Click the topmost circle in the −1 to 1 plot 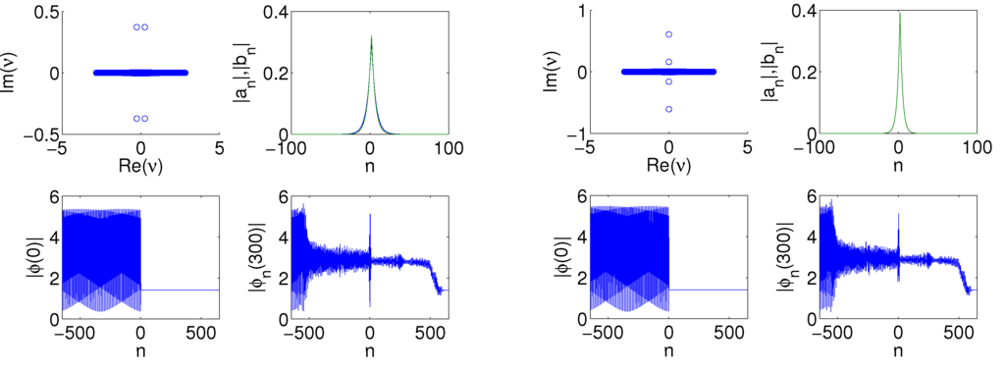tap(668, 34)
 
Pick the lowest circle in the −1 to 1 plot tap(668, 109)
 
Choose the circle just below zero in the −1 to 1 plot tap(668, 81)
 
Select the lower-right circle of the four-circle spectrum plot tap(145, 118)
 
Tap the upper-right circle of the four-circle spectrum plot tap(145, 27)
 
